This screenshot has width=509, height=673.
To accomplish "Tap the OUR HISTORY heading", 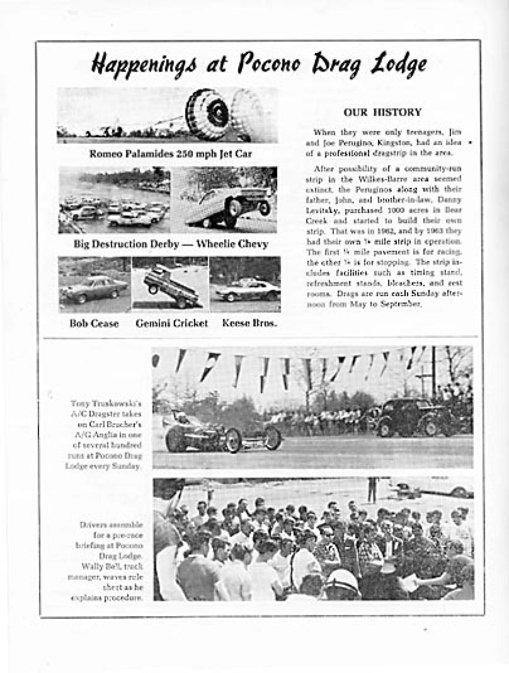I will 382,113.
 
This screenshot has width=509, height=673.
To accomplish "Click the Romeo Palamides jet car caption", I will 171,154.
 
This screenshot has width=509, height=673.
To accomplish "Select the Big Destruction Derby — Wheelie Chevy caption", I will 171,244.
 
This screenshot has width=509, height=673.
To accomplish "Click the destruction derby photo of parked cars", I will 115,200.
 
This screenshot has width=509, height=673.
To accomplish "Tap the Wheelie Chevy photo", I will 225,200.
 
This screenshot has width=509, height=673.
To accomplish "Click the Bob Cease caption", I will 94,323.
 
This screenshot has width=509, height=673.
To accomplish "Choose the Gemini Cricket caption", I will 172,323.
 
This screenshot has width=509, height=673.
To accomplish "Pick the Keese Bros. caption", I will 249,323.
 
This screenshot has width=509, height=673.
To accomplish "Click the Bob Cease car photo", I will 95,284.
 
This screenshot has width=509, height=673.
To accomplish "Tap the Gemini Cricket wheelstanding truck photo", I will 170,284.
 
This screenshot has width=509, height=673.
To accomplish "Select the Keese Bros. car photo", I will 245,284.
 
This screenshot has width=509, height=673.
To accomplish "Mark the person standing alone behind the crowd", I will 371,490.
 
